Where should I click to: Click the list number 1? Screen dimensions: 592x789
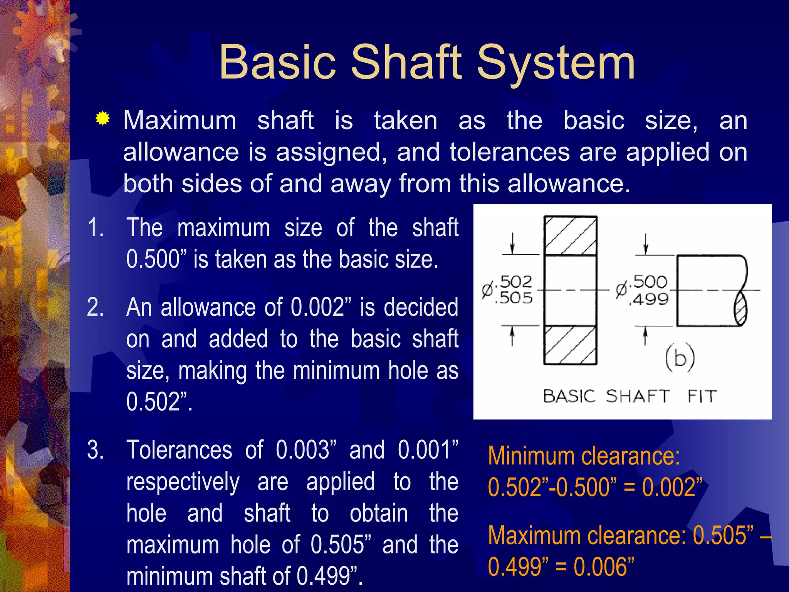click(95, 227)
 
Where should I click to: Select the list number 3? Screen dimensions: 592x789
click(95, 450)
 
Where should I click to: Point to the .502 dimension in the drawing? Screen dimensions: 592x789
click(515, 282)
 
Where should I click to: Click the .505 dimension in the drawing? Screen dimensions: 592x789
click(515, 298)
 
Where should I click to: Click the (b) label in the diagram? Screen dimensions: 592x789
click(680, 358)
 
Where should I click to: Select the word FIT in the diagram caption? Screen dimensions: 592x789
click(702, 396)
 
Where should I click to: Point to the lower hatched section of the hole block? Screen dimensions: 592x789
click(570, 345)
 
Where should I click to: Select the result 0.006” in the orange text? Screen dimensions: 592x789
click(603, 567)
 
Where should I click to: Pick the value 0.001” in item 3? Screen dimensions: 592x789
click(428, 450)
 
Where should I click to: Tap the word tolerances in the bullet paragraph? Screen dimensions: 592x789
click(509, 152)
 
